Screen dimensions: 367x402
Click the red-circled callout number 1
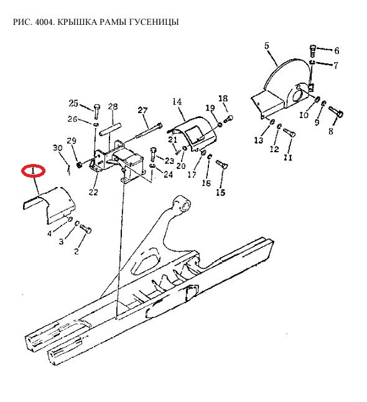click(x=33, y=170)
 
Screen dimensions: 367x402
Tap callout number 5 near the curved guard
click(x=267, y=46)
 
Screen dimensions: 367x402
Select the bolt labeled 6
click(x=312, y=51)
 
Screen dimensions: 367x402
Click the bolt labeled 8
click(x=336, y=111)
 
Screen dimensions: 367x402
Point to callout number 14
click(x=177, y=101)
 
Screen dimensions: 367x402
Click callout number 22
click(x=93, y=192)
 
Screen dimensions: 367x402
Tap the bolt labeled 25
click(x=97, y=111)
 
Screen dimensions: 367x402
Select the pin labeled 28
click(x=110, y=130)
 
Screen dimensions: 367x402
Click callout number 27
click(x=142, y=110)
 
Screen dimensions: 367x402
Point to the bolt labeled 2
click(x=86, y=229)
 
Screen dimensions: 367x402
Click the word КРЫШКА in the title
click(x=77, y=22)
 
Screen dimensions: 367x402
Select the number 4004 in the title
click(x=44, y=22)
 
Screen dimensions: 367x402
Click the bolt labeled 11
click(x=289, y=132)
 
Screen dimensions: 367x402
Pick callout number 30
click(x=58, y=148)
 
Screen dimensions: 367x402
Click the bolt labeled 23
click(x=153, y=154)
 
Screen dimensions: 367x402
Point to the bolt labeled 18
click(x=229, y=119)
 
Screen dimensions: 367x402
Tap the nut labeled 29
click(x=79, y=164)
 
